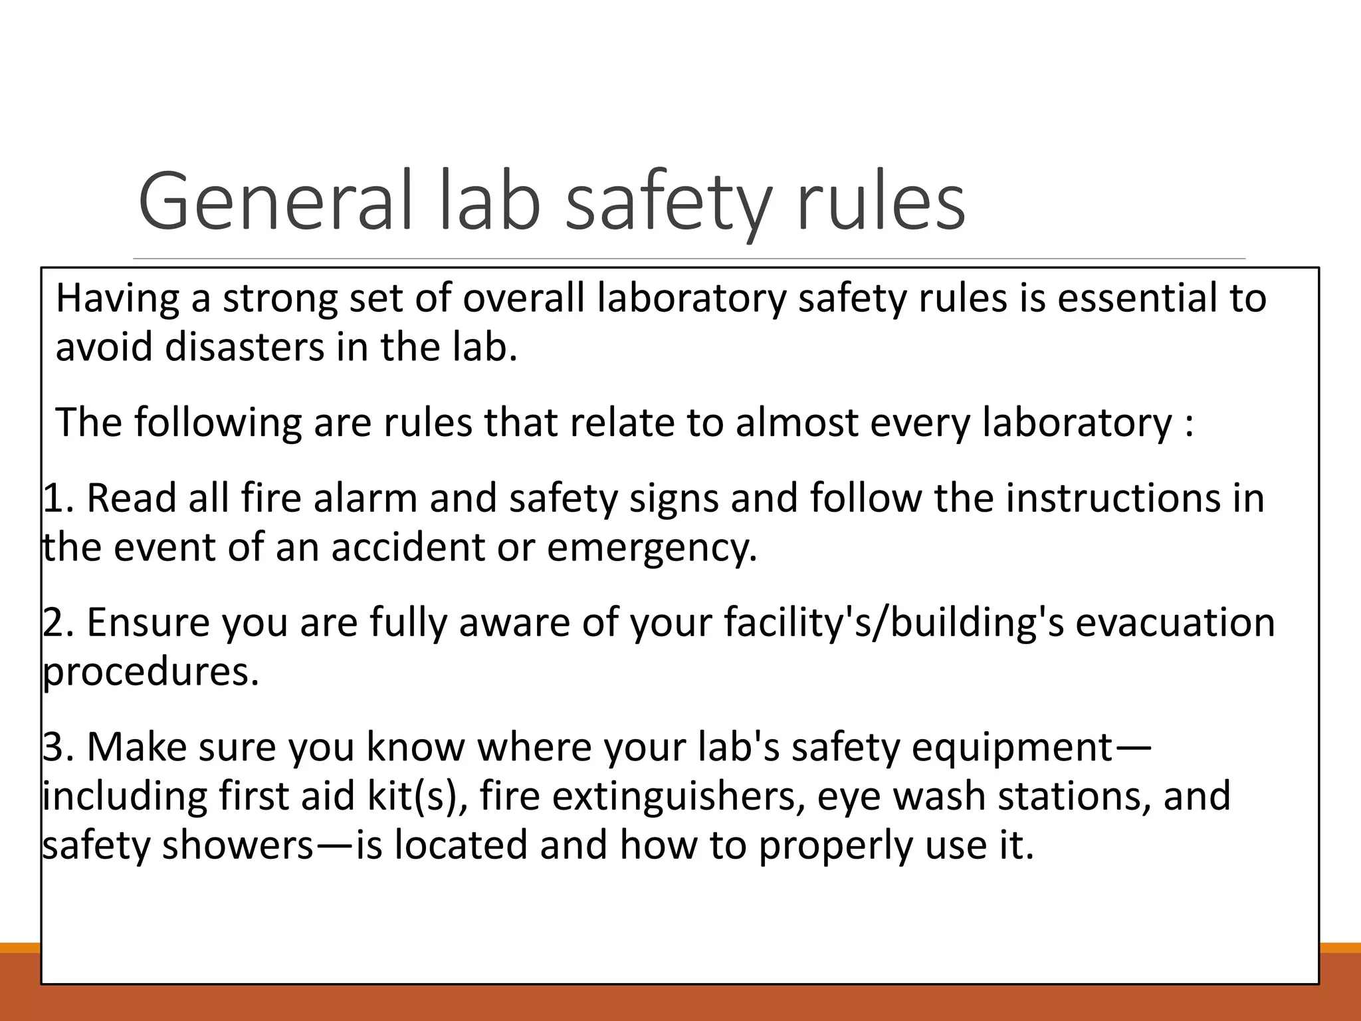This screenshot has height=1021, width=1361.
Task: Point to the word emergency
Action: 652,548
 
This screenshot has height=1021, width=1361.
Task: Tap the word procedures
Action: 150,673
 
